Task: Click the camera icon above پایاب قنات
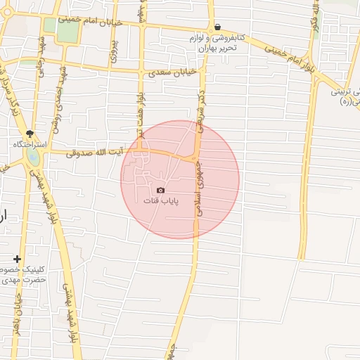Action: [161, 191]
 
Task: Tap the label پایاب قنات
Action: [162, 201]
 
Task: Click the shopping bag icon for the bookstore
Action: [217, 26]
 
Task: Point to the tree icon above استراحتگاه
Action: [30, 133]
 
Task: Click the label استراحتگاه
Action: [30, 144]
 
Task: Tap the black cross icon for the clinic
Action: [18, 259]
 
